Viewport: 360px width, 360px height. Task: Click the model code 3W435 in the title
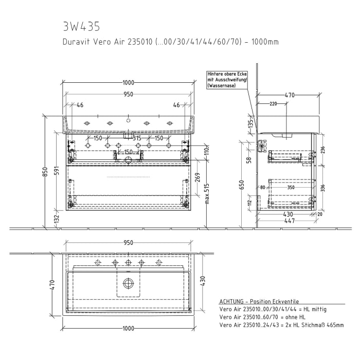81,26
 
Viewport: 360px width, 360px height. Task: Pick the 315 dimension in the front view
137,138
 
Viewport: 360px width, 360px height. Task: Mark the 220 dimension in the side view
273,104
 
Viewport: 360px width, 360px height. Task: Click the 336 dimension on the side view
323,188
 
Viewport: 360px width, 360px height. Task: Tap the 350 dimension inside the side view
291,188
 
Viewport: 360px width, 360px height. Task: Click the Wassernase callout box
227,80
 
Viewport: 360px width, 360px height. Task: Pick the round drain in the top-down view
128,282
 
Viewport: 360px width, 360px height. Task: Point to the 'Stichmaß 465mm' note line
281,325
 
